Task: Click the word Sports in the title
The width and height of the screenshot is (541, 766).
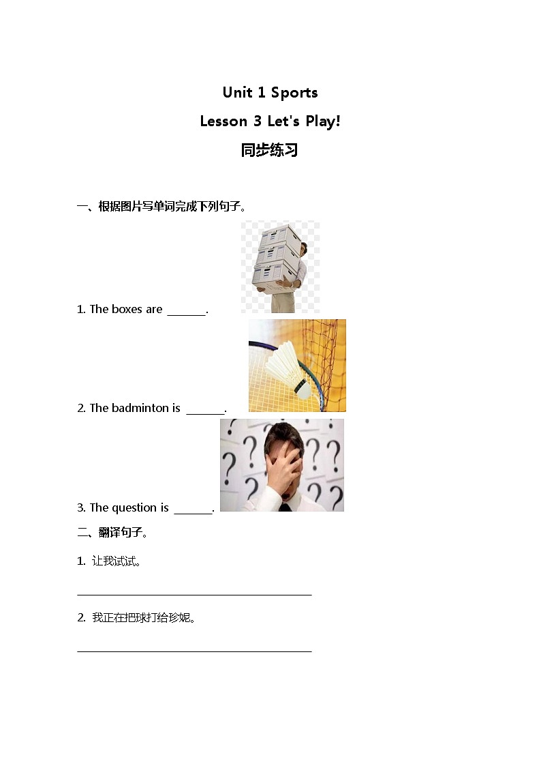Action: pyautogui.click(x=294, y=92)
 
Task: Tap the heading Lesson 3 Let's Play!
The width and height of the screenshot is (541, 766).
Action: pyautogui.click(x=270, y=121)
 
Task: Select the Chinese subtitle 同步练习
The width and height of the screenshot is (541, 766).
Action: pyautogui.click(x=270, y=150)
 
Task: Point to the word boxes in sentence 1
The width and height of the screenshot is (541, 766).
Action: pyautogui.click(x=126, y=309)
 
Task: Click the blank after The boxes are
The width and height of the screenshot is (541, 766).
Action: pyautogui.click(x=186, y=311)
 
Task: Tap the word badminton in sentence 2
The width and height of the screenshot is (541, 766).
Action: pyautogui.click(x=140, y=408)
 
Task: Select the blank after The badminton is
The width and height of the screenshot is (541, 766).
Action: pyautogui.click(x=205, y=410)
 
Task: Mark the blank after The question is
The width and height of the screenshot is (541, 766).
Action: pyautogui.click(x=193, y=510)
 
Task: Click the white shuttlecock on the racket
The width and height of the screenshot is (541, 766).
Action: pyautogui.click(x=288, y=368)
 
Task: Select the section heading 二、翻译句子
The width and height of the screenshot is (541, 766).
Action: pyautogui.click(x=113, y=533)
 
